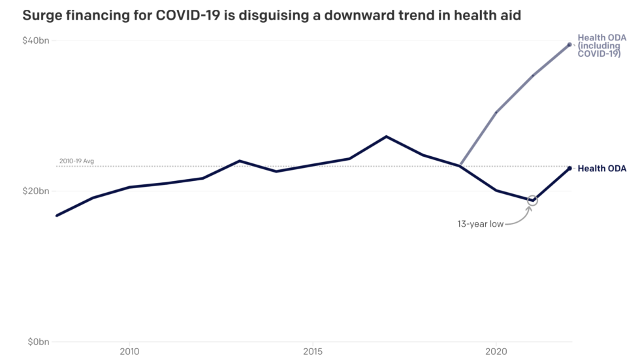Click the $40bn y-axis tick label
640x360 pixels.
coord(35,41)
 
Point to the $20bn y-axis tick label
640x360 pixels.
coord(35,191)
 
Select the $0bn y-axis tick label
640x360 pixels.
coord(38,342)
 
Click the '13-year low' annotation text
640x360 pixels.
coord(480,224)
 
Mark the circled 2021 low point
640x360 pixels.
coord(532,200)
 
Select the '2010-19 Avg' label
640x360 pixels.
coord(77,161)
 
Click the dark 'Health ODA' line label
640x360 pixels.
coord(601,169)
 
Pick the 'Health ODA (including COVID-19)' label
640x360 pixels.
coord(601,46)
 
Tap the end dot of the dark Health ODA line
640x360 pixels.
coord(569,169)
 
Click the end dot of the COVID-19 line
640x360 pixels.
coord(569,44)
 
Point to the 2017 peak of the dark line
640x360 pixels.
coord(386,137)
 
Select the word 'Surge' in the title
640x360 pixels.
coord(42,15)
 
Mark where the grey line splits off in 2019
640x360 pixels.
coord(460,165)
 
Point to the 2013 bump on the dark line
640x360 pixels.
coord(240,161)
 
